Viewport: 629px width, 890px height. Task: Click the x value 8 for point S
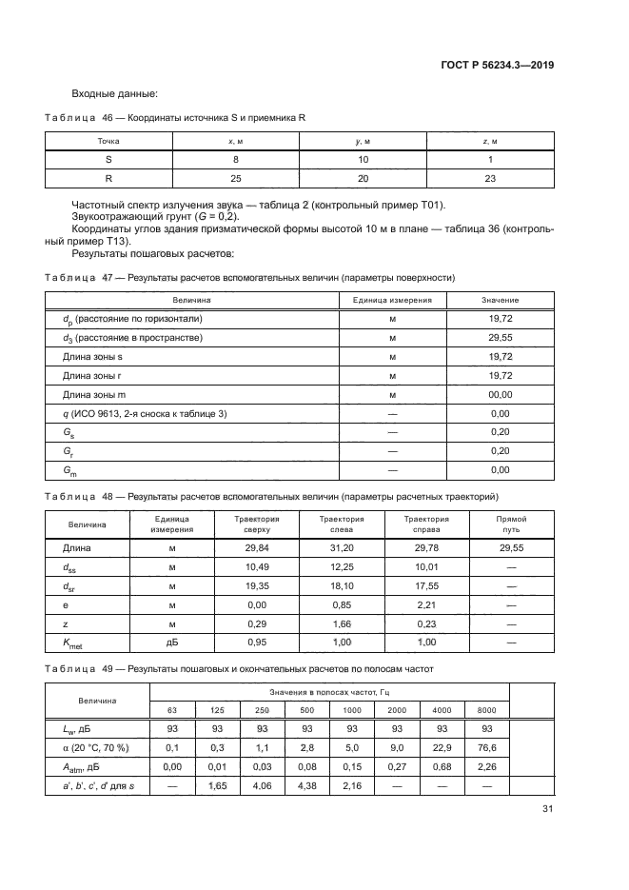pyautogui.click(x=235, y=160)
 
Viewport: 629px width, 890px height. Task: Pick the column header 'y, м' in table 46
pyautogui.click(x=364, y=141)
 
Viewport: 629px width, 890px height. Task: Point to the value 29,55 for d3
pyautogui.click(x=500, y=338)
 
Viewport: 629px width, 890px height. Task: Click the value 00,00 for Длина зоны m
pyautogui.click(x=500, y=394)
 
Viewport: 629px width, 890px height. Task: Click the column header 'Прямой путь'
pyautogui.click(x=511, y=524)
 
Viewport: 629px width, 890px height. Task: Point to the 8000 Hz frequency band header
pyautogui.click(x=486, y=710)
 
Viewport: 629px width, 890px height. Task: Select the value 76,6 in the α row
pyautogui.click(x=486, y=748)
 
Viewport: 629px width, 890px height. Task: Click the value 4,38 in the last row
pyautogui.click(x=306, y=786)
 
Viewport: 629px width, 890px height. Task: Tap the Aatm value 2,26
pyautogui.click(x=486, y=767)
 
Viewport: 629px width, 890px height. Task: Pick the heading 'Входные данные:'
pyautogui.click(x=114, y=93)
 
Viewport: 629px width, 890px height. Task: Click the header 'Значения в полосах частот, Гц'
pyautogui.click(x=329, y=691)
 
